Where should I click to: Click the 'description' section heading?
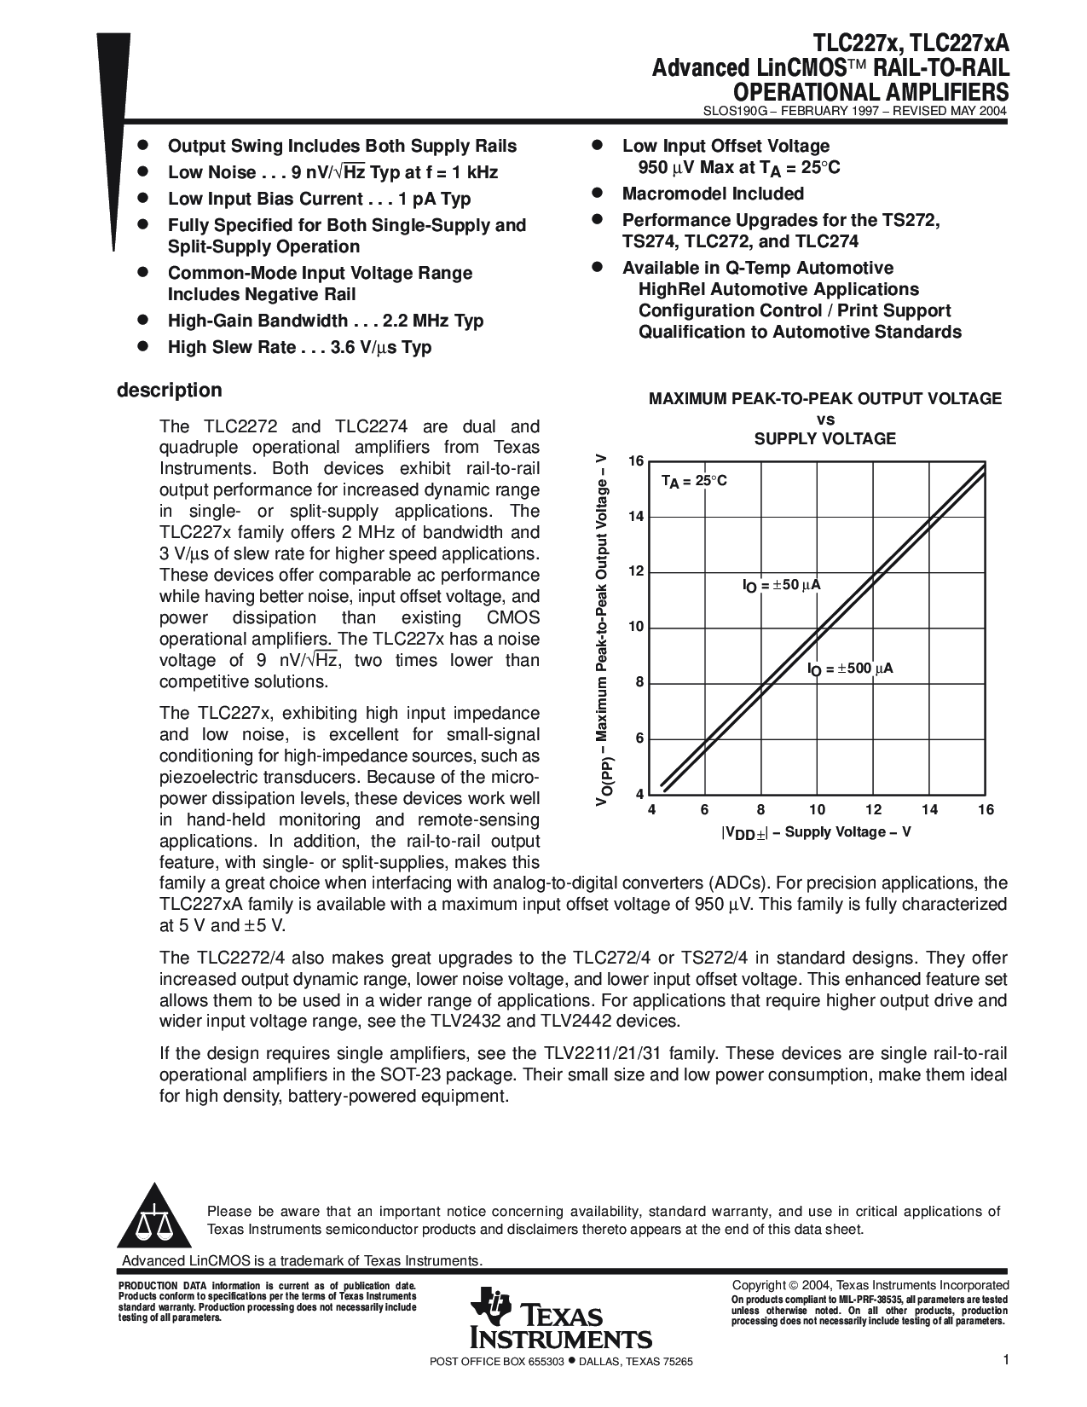(x=169, y=391)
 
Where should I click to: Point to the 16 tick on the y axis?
(x=635, y=461)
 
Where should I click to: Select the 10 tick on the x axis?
(x=817, y=810)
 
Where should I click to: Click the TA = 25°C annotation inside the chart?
(x=694, y=481)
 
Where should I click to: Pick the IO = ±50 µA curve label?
(x=781, y=586)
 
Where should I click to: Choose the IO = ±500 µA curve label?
(x=850, y=669)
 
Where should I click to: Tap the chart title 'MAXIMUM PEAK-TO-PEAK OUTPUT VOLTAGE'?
(x=825, y=398)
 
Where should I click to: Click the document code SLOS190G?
(x=736, y=111)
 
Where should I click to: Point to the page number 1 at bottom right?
(x=1006, y=1361)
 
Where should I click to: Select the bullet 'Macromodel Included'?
(x=713, y=194)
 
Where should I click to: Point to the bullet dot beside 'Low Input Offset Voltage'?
(x=598, y=146)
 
